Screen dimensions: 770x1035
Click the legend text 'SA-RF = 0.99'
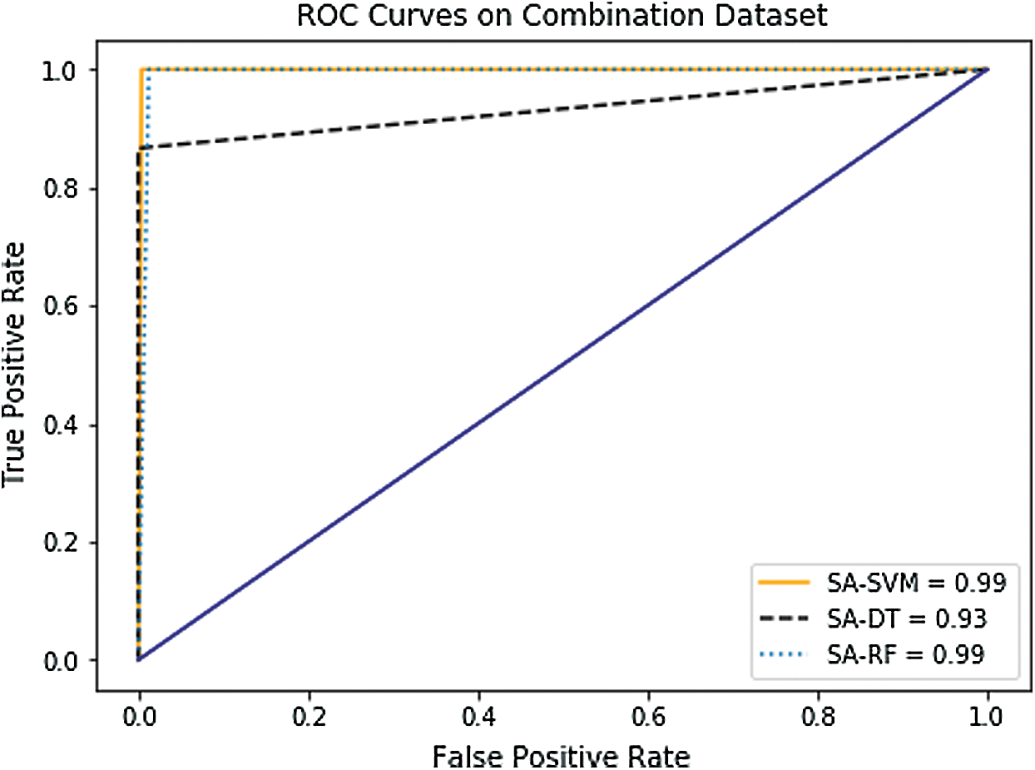[x=904, y=654]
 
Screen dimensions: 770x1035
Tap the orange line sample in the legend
[x=783, y=584]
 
